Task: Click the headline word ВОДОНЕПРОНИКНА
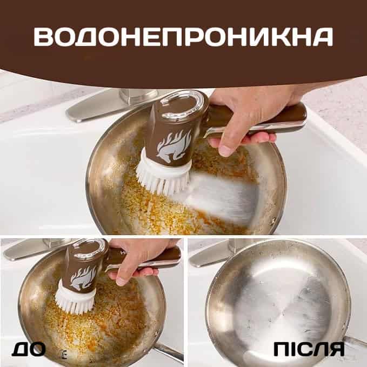click(183, 37)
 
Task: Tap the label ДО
click(29, 349)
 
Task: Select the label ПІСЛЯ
click(309, 349)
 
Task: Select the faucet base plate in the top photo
click(110, 105)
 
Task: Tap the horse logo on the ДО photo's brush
click(84, 278)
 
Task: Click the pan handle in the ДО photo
click(169, 351)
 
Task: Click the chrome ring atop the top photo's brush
click(182, 103)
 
